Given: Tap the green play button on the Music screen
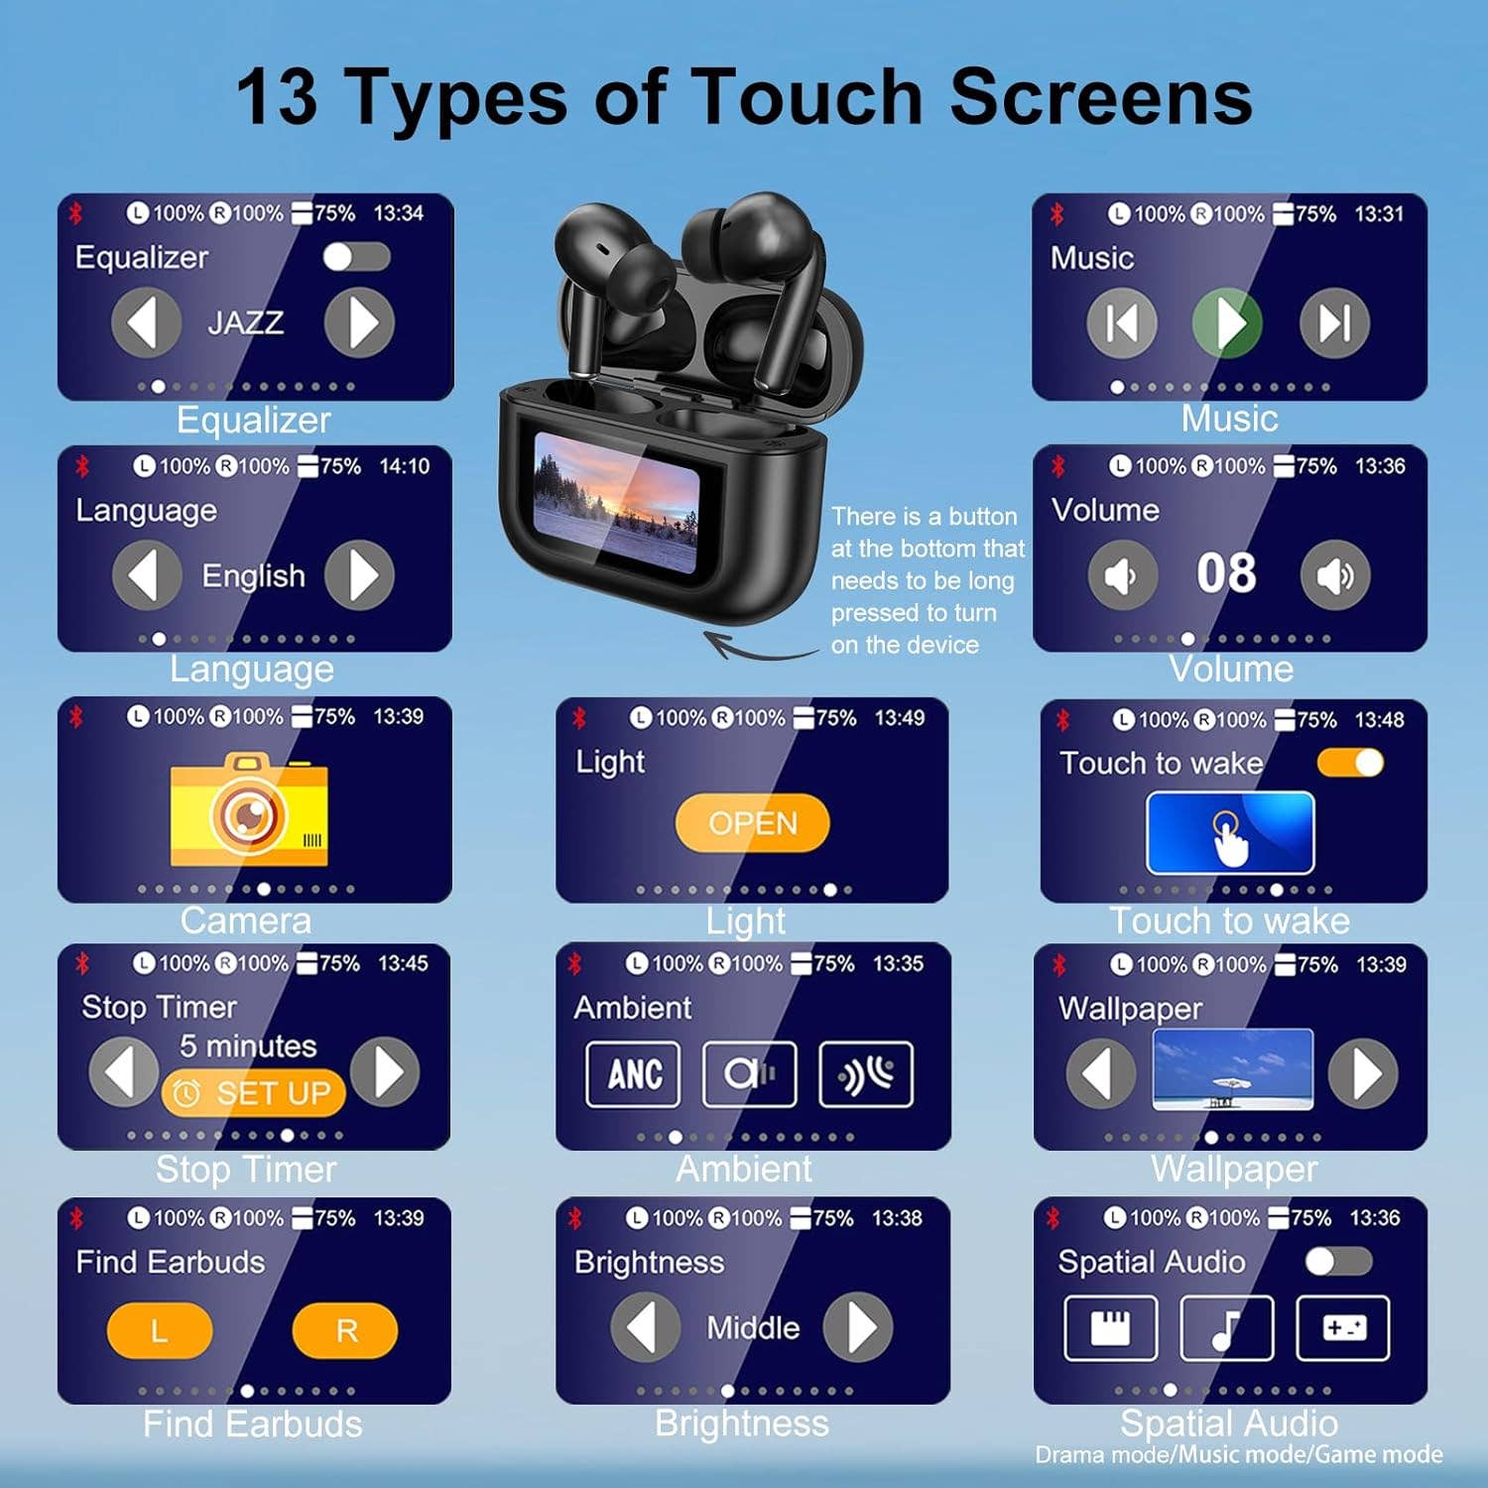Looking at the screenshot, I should click(1227, 322).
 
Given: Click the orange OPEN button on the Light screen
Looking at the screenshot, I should click(752, 822).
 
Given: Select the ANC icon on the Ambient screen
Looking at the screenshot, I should click(633, 1073).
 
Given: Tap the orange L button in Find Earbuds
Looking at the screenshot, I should click(159, 1330).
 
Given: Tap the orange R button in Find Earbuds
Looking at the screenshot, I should click(345, 1330).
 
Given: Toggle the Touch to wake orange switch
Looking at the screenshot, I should click(1350, 762).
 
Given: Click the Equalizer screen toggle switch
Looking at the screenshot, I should click(356, 257).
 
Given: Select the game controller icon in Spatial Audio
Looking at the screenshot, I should click(1343, 1327).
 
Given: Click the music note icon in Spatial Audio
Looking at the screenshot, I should click(1226, 1327).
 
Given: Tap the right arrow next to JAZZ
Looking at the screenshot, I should click(359, 322).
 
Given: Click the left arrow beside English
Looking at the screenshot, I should click(147, 575).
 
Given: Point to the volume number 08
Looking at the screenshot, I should click(1226, 573).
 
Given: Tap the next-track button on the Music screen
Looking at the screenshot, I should click(1334, 322).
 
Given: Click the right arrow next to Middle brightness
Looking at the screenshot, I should click(857, 1326).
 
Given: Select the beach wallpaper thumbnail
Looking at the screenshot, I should click(1232, 1069).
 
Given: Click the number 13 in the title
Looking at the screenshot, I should click(277, 97).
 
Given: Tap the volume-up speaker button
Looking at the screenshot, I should click(1334, 575).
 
